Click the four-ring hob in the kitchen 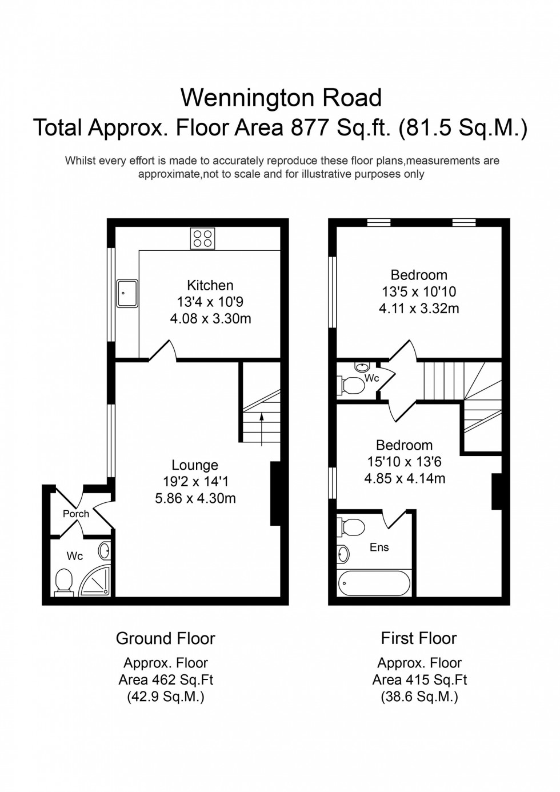click(x=202, y=238)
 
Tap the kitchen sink click(x=127, y=293)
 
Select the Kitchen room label click(x=210, y=285)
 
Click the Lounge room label click(x=195, y=465)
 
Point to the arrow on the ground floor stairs click(x=262, y=429)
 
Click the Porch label click(x=76, y=514)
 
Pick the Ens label click(x=379, y=547)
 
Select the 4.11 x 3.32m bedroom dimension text click(x=419, y=309)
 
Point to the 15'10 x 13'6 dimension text click(x=404, y=462)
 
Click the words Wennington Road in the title click(x=281, y=98)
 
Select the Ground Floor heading click(x=166, y=638)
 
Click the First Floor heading click(x=419, y=638)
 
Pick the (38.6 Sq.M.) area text click(x=419, y=697)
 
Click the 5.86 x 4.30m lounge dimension click(x=195, y=498)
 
